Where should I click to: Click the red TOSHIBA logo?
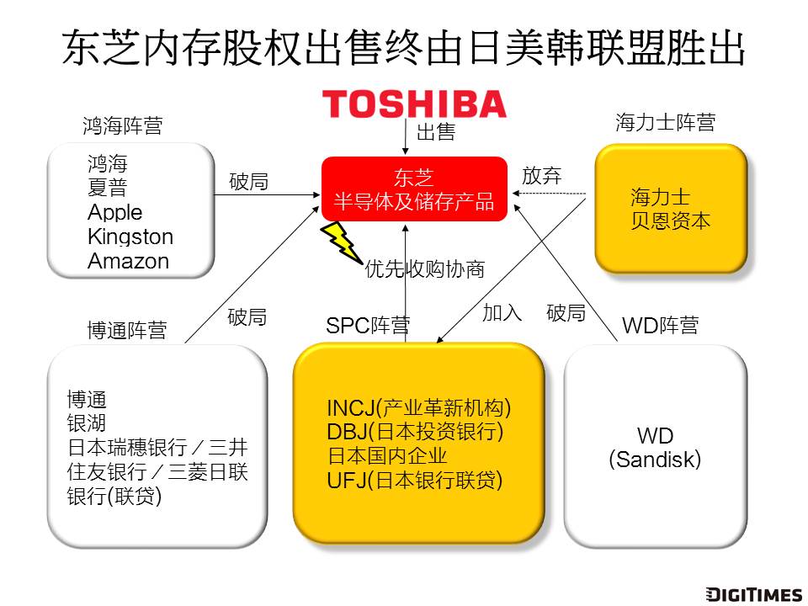pyautogui.click(x=414, y=103)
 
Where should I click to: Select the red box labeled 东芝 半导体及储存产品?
pyautogui.click(x=414, y=189)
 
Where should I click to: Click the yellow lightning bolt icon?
pyautogui.click(x=341, y=242)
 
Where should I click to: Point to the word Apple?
pyautogui.click(x=115, y=212)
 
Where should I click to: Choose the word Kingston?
pyautogui.click(x=130, y=237)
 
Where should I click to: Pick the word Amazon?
pyautogui.click(x=128, y=261)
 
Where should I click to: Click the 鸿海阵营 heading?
pyautogui.click(x=122, y=126)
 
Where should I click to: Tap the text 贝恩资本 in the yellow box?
pyautogui.click(x=671, y=221)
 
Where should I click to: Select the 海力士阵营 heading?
pyautogui.click(x=665, y=123)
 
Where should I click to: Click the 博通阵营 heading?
pyautogui.click(x=126, y=330)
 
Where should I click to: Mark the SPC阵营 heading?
pyautogui.click(x=368, y=325)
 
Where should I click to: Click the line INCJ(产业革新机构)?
pyautogui.click(x=419, y=408)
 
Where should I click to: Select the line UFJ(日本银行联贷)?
pyautogui.click(x=414, y=481)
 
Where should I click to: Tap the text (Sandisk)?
pyautogui.click(x=655, y=460)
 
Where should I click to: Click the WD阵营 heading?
pyautogui.click(x=660, y=325)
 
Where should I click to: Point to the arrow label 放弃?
pyautogui.click(x=541, y=176)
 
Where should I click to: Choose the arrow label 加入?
pyautogui.click(x=502, y=313)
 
